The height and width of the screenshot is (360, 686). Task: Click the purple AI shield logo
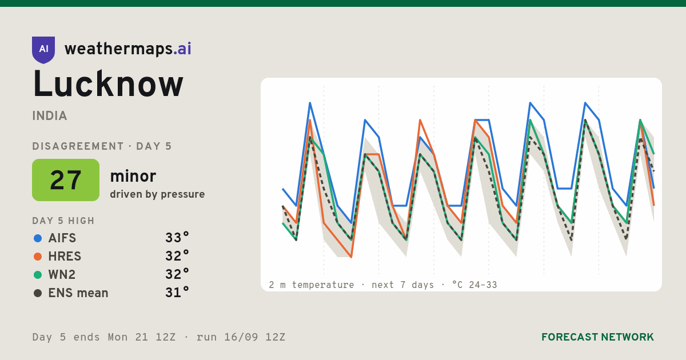click(x=43, y=50)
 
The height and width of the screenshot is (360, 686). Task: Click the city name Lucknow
click(x=108, y=84)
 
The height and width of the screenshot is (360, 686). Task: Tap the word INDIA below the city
click(x=50, y=115)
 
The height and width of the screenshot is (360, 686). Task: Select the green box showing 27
click(x=66, y=180)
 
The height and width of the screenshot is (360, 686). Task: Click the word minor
click(x=133, y=176)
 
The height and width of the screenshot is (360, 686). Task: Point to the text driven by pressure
click(x=157, y=194)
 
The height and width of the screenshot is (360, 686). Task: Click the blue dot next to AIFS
click(x=38, y=238)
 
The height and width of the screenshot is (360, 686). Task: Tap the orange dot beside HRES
click(x=38, y=257)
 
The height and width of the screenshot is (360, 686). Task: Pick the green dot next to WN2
click(x=38, y=275)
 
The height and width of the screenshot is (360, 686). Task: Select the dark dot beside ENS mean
click(x=38, y=293)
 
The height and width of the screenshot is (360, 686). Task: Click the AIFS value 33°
click(x=177, y=238)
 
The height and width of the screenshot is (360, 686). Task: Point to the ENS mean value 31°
click(x=177, y=293)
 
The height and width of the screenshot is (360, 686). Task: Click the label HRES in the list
click(x=65, y=256)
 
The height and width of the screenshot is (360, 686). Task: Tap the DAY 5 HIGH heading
click(x=63, y=221)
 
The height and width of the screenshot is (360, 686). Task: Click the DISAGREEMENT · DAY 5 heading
click(x=102, y=146)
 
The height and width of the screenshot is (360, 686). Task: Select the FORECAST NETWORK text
click(x=597, y=337)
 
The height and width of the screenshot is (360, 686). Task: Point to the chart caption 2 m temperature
click(x=312, y=285)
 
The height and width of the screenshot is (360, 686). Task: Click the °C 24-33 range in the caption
click(x=474, y=285)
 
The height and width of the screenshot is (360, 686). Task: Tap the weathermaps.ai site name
click(x=128, y=49)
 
